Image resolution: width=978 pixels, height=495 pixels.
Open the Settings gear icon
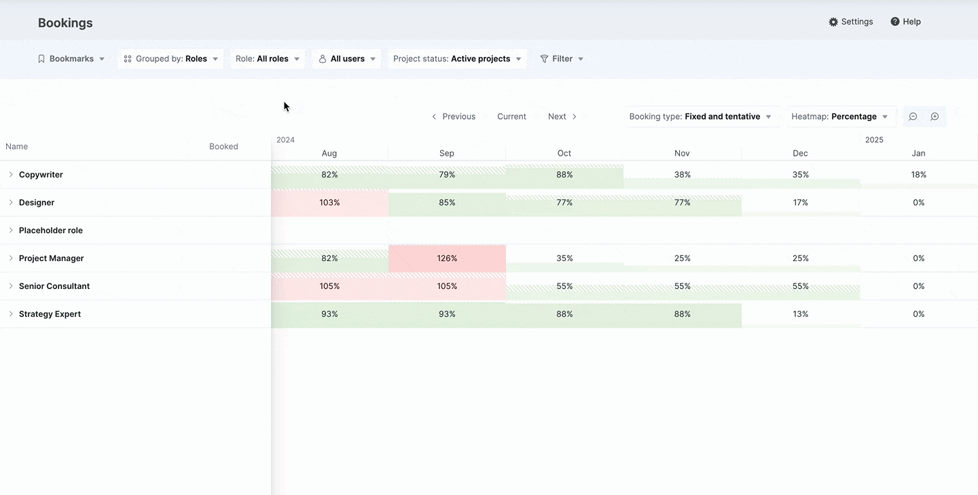[833, 22]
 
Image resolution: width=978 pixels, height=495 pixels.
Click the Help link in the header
[905, 22]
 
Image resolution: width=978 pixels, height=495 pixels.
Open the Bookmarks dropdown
[71, 58]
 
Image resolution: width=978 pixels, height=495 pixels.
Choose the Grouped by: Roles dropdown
[170, 58]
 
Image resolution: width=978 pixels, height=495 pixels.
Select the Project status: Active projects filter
[457, 58]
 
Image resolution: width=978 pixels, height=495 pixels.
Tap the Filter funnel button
[562, 58]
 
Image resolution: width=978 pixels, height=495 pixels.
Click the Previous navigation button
[454, 116]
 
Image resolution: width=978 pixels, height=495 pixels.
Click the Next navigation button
[562, 116]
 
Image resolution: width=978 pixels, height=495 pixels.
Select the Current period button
[511, 116]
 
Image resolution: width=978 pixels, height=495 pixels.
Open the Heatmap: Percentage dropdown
[839, 116]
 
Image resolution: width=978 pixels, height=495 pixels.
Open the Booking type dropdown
[701, 116]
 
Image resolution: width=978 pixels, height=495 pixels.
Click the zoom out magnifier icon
[913, 116]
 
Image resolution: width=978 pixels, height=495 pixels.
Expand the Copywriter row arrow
[11, 175]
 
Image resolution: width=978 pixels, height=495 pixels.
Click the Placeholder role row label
[51, 231]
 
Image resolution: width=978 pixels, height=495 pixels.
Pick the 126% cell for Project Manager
[447, 258]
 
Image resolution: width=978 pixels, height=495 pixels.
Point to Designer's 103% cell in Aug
[329, 203]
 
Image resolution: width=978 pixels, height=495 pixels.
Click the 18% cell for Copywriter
[919, 175]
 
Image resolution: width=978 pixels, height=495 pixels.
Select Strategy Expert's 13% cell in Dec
[800, 314]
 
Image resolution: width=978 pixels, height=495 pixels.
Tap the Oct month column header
[564, 153]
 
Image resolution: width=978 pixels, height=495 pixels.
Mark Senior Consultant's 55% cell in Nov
[682, 286]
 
